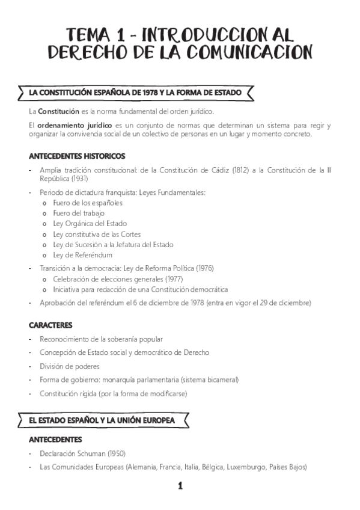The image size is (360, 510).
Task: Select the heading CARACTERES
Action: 50,325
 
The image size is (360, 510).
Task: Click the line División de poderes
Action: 70,366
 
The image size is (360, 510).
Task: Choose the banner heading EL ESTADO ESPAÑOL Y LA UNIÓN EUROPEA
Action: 102,420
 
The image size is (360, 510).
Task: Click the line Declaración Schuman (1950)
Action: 82,453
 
